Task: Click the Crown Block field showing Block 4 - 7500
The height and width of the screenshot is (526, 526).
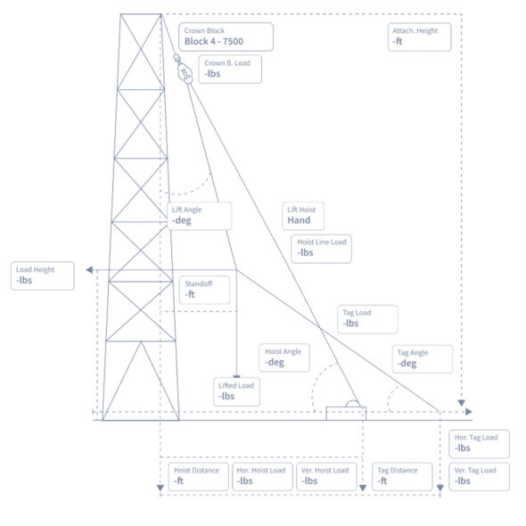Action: tap(225, 37)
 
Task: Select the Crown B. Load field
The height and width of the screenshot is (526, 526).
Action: tap(230, 70)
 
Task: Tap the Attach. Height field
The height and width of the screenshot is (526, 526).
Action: tap(419, 37)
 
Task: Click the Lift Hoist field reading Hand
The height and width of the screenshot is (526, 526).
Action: tap(304, 216)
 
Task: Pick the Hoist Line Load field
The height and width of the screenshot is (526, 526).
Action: tap(324, 248)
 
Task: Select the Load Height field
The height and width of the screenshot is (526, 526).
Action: tap(43, 275)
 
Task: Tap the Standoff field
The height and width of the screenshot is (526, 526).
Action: tap(203, 289)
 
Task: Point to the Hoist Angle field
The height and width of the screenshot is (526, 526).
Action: tap(286, 358)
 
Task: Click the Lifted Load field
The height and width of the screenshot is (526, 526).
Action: tap(237, 390)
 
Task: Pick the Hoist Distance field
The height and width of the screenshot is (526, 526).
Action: tap(198, 476)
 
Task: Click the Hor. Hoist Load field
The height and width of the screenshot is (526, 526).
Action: tap(262, 476)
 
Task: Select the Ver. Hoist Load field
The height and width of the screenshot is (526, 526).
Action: tap(326, 476)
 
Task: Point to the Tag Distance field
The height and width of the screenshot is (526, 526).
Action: tap(403, 476)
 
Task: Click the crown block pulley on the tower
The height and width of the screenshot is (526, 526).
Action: tap(185, 71)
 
